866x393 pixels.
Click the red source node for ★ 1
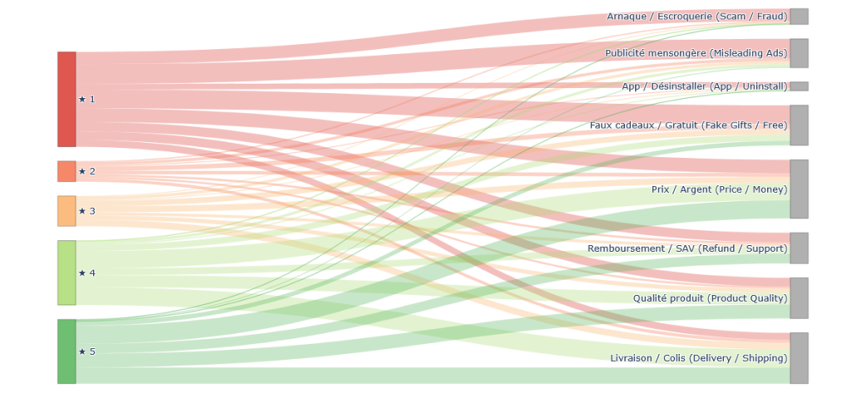(x=67, y=99)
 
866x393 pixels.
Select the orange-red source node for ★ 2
(x=67, y=171)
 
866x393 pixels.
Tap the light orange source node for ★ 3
(x=67, y=210)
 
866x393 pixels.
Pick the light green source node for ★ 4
(x=67, y=272)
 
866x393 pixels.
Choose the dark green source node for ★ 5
(x=67, y=351)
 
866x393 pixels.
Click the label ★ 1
(x=87, y=99)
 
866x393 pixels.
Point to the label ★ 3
(x=87, y=210)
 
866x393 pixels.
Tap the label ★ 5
(x=87, y=352)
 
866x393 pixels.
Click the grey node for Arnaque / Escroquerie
(x=799, y=16)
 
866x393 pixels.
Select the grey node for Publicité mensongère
(x=799, y=53)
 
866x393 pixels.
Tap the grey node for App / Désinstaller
(x=799, y=86)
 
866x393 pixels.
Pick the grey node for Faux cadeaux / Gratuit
(x=799, y=125)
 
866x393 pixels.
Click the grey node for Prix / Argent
(x=799, y=189)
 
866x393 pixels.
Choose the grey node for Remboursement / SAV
(x=799, y=248)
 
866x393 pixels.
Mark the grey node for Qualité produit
(x=799, y=298)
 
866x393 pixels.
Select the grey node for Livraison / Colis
(x=799, y=358)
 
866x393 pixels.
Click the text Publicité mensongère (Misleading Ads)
(x=695, y=53)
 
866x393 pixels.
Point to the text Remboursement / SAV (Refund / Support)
(x=687, y=248)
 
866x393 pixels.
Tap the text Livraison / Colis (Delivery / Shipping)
(x=699, y=358)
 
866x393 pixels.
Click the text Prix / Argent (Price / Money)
(x=719, y=189)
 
